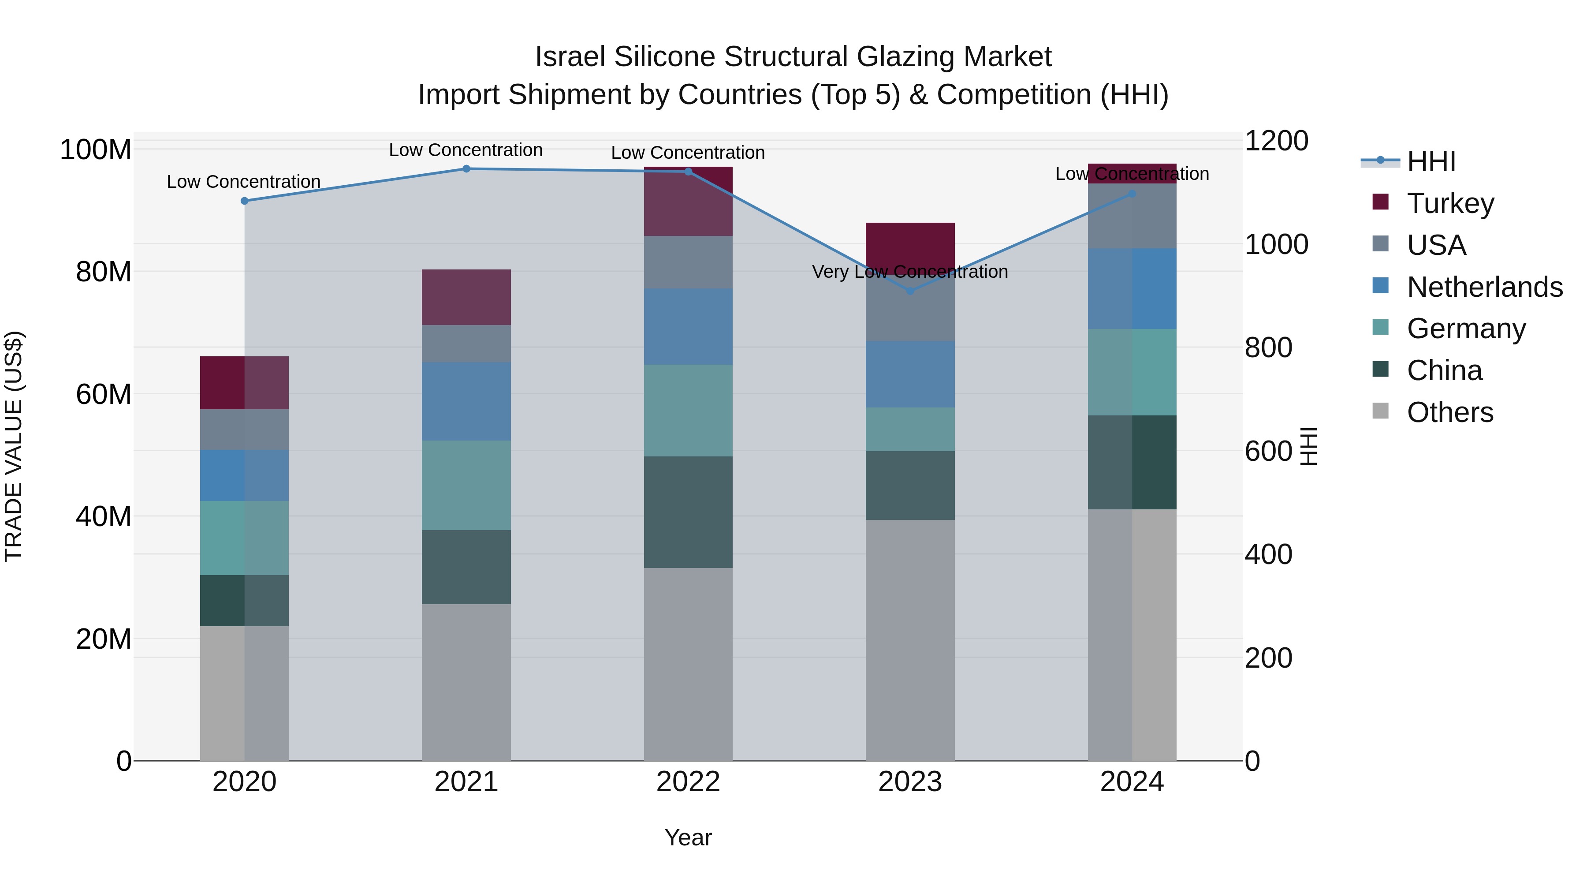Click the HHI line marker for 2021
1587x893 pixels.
[466, 169]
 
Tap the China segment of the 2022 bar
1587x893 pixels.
[688, 512]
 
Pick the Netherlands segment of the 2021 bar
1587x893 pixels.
[466, 401]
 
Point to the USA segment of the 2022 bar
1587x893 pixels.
[688, 262]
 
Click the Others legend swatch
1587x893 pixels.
[1381, 411]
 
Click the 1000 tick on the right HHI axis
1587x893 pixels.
[1277, 245]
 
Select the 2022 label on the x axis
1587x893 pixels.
[688, 782]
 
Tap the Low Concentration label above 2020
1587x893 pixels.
[243, 182]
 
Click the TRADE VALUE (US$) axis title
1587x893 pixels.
[14, 446]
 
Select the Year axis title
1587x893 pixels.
[688, 837]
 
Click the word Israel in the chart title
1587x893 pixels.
[571, 57]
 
